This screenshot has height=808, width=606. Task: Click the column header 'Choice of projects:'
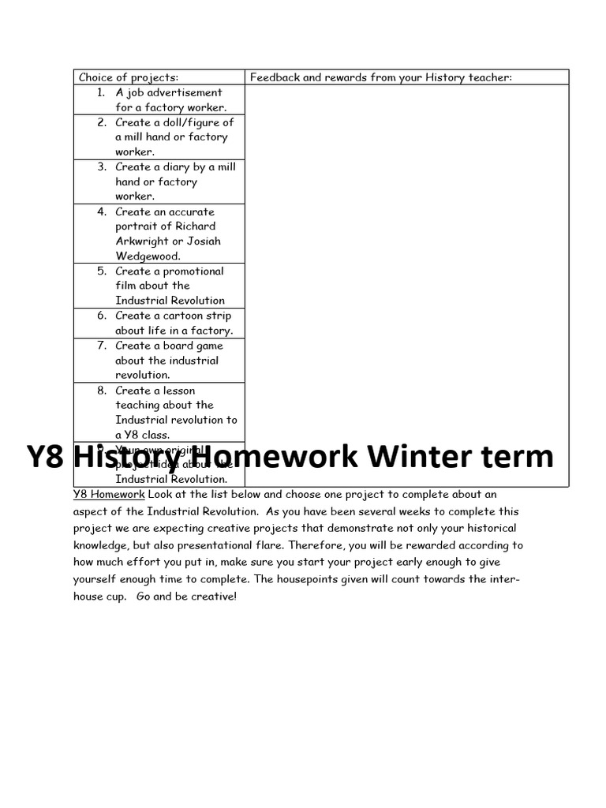129,77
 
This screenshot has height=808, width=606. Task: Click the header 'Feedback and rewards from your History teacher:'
381,77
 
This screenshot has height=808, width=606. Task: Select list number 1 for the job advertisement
100,92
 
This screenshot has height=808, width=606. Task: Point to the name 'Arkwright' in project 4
142,241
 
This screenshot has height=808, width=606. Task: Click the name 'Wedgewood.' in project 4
148,256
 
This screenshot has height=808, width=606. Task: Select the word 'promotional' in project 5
193,271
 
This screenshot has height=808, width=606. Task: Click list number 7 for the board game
102,345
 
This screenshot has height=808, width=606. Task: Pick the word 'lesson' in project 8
178,390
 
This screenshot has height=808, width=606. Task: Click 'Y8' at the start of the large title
45,457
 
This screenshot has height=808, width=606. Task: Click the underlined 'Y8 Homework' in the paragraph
109,495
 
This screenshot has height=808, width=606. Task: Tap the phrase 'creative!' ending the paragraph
213,597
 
